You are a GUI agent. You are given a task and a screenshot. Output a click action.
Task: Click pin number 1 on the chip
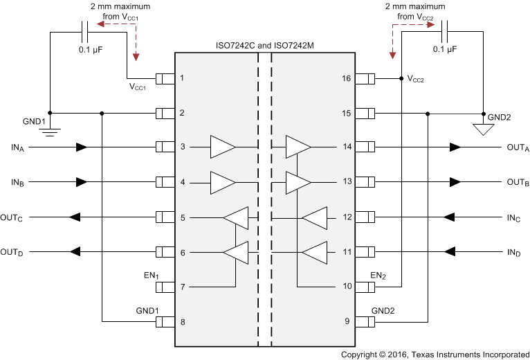182,78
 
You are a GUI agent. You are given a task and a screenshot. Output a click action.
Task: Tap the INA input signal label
17,147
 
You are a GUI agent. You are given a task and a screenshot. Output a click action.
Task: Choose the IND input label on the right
513,252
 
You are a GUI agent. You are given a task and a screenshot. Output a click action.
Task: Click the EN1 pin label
152,276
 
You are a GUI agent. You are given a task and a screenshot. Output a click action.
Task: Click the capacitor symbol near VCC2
445,30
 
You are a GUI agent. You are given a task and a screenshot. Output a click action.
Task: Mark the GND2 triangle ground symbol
482,127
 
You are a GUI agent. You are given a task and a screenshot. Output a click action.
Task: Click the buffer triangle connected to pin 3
223,147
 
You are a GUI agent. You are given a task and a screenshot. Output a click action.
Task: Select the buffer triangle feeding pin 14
298,147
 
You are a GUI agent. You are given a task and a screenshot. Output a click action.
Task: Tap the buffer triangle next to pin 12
314,217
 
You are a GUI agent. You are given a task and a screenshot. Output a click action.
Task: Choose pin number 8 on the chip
182,322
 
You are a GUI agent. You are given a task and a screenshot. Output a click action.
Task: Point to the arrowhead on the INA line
82,147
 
